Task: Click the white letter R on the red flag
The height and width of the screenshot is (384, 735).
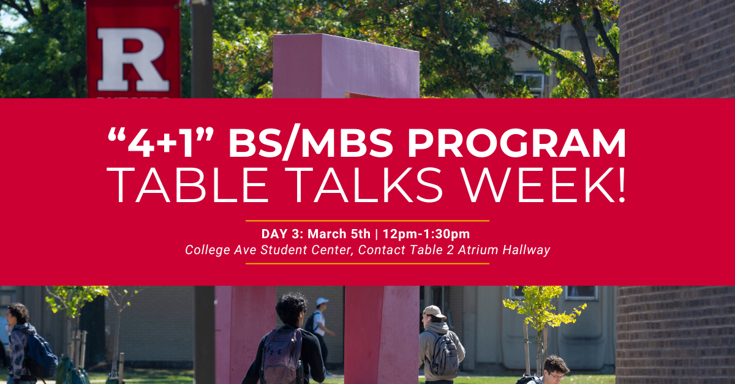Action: click(x=132, y=59)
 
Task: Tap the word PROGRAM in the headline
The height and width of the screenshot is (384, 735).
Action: click(x=516, y=143)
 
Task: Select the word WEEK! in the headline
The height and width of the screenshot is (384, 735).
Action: click(x=544, y=185)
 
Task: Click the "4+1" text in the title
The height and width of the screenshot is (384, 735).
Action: click(x=160, y=143)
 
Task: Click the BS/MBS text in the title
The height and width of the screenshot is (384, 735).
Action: click(x=311, y=143)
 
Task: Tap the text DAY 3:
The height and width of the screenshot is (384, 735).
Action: click(x=282, y=234)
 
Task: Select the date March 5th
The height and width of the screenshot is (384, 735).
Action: click(x=339, y=234)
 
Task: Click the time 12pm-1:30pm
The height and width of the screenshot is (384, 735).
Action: click(x=426, y=234)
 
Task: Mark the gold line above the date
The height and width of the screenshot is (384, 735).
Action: click(x=367, y=221)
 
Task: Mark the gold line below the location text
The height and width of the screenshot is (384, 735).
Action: click(x=367, y=263)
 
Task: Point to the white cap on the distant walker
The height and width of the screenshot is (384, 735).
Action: click(x=322, y=301)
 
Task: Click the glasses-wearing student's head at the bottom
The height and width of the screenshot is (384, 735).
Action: click(x=556, y=368)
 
